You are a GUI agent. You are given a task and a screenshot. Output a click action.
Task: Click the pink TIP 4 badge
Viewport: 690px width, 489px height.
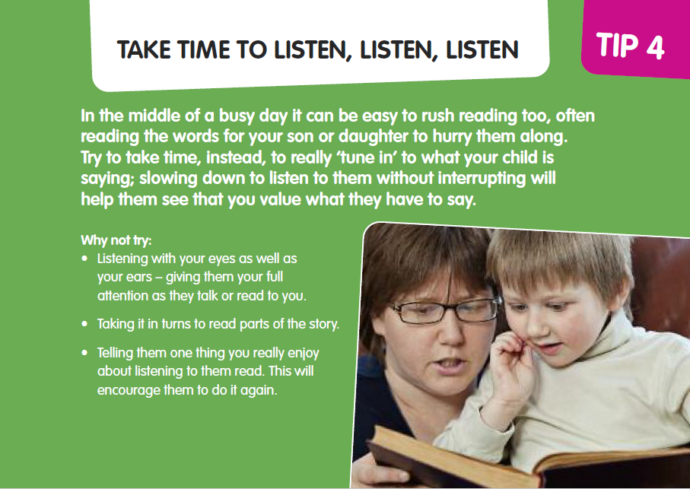pyautogui.click(x=636, y=39)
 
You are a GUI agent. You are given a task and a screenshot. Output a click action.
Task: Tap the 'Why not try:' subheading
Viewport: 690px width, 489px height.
pyautogui.click(x=116, y=240)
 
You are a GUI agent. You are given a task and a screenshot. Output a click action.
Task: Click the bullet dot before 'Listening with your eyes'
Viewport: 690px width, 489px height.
pyautogui.click(x=85, y=258)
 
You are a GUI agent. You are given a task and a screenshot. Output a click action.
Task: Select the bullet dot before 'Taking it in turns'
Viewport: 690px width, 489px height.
pyautogui.click(x=85, y=324)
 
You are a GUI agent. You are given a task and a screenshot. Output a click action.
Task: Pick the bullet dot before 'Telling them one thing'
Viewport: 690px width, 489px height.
pyautogui.click(x=85, y=353)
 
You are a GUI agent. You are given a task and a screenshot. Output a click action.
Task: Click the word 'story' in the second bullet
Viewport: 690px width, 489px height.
pyautogui.click(x=324, y=324)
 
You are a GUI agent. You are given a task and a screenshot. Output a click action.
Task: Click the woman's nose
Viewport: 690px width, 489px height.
pyautogui.click(x=449, y=334)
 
